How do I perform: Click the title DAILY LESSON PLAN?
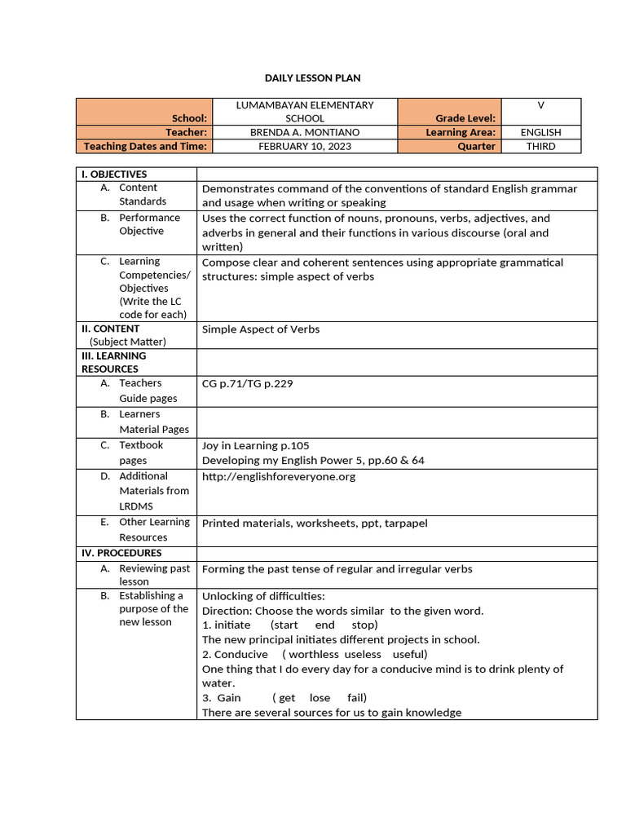click(x=312, y=78)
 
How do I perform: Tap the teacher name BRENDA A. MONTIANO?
click(x=304, y=132)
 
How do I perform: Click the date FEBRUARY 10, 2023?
click(x=304, y=147)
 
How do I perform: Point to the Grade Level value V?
click(x=540, y=105)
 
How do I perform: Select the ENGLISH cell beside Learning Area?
click(x=540, y=132)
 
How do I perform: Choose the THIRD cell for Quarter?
click(x=540, y=147)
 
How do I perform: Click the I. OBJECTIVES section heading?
click(x=114, y=175)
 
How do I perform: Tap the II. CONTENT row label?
click(x=111, y=329)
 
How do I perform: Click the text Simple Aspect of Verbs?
click(x=261, y=329)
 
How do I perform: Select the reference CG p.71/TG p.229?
click(x=247, y=383)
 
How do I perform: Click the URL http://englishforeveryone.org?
click(x=279, y=476)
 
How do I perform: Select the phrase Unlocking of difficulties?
click(x=263, y=596)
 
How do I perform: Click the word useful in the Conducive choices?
click(x=409, y=655)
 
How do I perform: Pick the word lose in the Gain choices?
click(x=320, y=698)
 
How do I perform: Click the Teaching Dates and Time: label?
click(x=145, y=147)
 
